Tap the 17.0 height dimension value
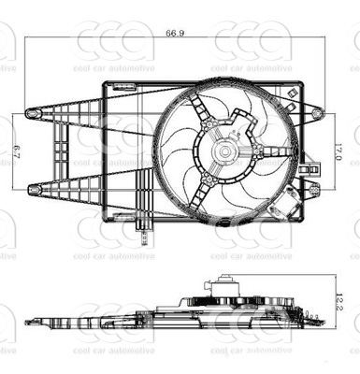[348, 150]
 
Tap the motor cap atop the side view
[223, 280]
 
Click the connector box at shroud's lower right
[297, 203]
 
